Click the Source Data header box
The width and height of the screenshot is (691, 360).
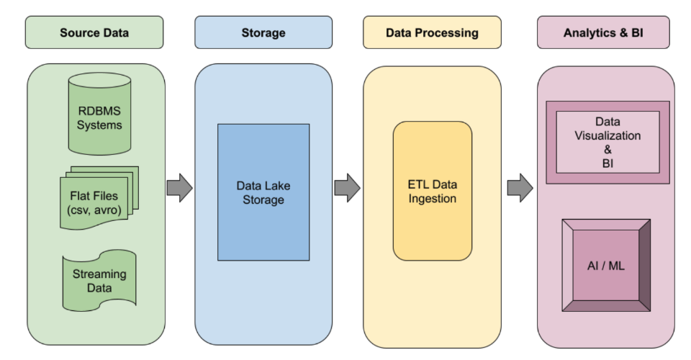coord(94,32)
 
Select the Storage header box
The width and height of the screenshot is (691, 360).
coord(263,32)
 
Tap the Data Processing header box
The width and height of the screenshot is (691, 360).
coord(431,32)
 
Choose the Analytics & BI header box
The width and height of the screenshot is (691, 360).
coord(603,32)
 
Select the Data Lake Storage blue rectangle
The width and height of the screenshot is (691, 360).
coord(263,192)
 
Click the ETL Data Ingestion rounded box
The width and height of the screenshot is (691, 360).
coord(432,191)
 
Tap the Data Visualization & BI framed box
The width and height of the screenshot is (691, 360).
coord(608,142)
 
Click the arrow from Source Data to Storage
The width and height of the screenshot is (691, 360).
coord(179,188)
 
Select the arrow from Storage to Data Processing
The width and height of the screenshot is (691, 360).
coord(347,188)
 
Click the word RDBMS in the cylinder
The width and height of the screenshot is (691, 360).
coord(101,111)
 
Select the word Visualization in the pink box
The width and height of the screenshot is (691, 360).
coord(608,135)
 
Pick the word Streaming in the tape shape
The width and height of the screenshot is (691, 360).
coord(99,274)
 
